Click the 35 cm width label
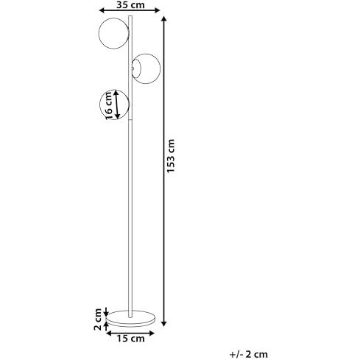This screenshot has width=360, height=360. tap(130, 4)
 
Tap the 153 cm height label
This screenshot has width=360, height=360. tap(171, 156)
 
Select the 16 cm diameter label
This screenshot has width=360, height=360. tap(108, 106)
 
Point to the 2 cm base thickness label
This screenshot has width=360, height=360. tap(98, 319)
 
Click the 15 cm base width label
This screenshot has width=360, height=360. tap(130, 339)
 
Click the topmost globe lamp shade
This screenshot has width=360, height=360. tap(113, 33)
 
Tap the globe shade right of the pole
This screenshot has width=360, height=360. tap(146, 68)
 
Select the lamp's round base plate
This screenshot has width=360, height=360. tap(130, 319)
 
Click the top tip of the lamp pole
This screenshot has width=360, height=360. tap(130, 16)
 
